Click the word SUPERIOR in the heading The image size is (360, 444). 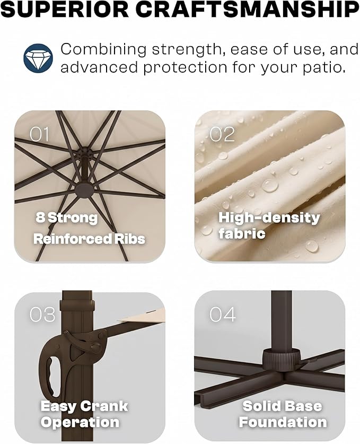(x=65, y=10)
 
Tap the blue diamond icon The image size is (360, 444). (x=38, y=58)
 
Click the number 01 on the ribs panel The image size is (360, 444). (x=39, y=134)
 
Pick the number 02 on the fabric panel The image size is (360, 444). (x=222, y=134)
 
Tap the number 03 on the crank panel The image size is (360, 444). (x=42, y=315)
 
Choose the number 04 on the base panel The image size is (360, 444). (x=223, y=315)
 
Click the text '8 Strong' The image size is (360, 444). (x=66, y=217)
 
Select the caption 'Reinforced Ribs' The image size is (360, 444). (x=89, y=239)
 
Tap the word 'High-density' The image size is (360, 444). (x=269, y=218)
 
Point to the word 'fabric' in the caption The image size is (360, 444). (x=242, y=233)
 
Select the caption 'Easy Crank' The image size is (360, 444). (x=84, y=406)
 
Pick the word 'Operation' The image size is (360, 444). (x=80, y=422)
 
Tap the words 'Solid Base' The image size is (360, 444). (x=282, y=406)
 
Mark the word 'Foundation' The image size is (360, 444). (x=283, y=422)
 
